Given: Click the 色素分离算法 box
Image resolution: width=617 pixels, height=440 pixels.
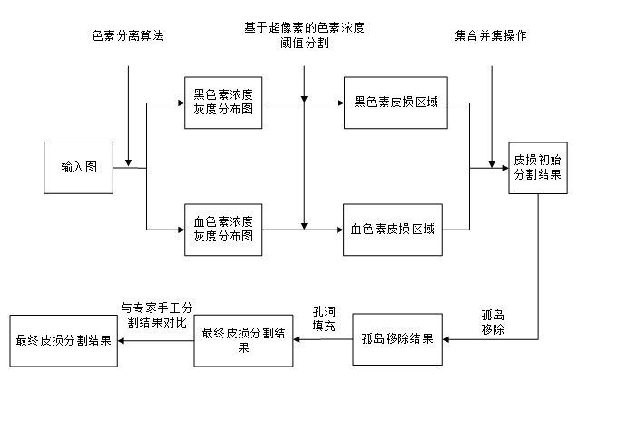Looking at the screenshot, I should pyautogui.click(x=128, y=36).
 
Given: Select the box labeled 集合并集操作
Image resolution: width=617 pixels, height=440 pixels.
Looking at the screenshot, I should pyautogui.click(x=491, y=36).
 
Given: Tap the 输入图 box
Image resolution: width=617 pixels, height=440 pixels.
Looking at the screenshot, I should pyautogui.click(x=79, y=168).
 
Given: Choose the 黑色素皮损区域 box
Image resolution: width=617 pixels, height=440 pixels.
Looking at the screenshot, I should pyautogui.click(x=396, y=102).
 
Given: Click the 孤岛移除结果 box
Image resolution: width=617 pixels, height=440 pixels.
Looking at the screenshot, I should pyautogui.click(x=397, y=339).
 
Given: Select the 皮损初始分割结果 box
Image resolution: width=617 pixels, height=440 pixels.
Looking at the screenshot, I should pyautogui.click(x=538, y=167).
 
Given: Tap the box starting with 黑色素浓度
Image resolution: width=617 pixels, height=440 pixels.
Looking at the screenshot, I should pyautogui.click(x=223, y=102).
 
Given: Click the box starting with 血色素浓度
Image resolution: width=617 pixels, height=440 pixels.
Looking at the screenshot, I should pyautogui.click(x=223, y=229).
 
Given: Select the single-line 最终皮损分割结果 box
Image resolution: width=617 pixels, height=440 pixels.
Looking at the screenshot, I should pyautogui.click(x=64, y=341).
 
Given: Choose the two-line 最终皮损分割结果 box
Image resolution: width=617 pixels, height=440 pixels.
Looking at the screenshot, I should pyautogui.click(x=243, y=340).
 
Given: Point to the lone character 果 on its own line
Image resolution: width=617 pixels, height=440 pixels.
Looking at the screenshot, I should pyautogui.click(x=243, y=348).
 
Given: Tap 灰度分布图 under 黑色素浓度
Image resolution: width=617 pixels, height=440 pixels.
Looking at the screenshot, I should pyautogui.click(x=223, y=110).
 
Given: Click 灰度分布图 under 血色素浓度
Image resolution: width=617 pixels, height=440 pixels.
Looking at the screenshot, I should pyautogui.click(x=223, y=237).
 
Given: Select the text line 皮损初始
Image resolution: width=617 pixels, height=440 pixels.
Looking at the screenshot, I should pyautogui.click(x=538, y=159).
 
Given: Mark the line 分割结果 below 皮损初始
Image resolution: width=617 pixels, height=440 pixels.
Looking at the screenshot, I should pyautogui.click(x=538, y=175).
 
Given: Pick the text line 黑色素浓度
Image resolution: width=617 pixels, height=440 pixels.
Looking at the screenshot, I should pyautogui.click(x=223, y=93).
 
